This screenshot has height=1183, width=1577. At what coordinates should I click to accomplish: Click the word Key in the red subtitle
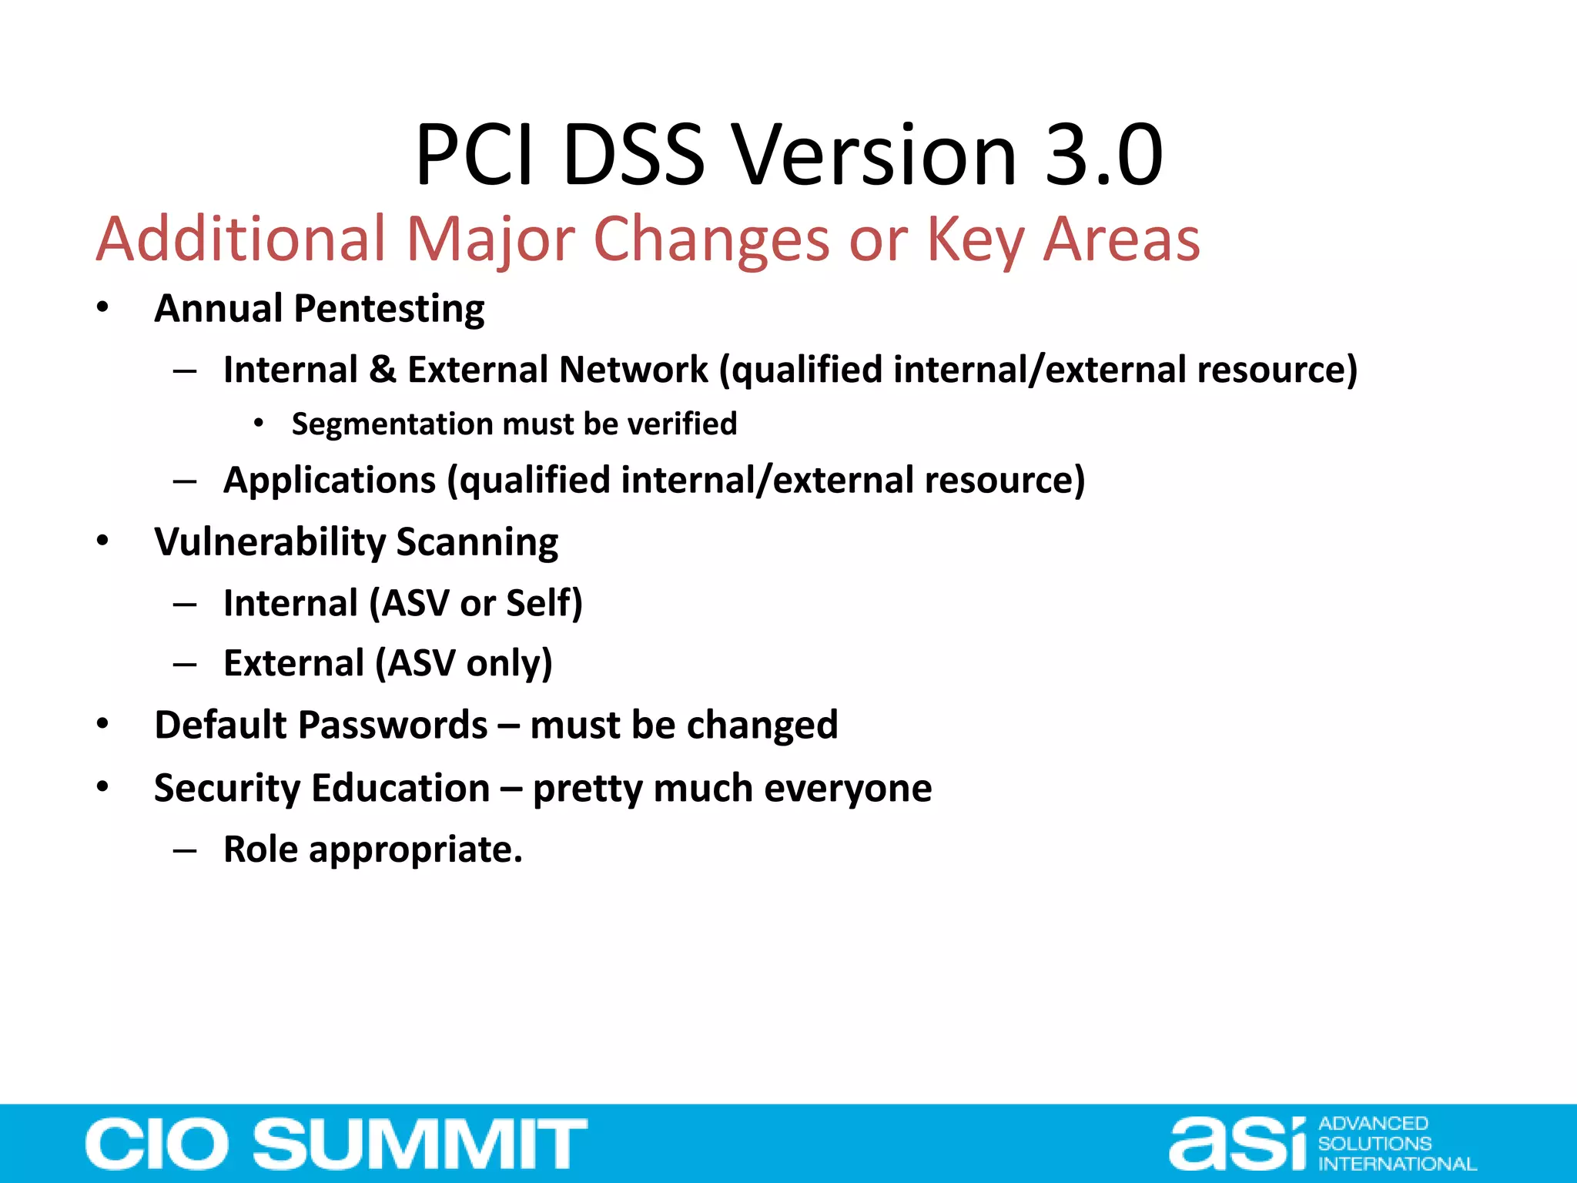tap(974, 240)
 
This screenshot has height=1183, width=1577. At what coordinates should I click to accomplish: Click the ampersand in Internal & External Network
tap(383, 369)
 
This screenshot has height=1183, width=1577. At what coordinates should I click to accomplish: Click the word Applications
tap(330, 480)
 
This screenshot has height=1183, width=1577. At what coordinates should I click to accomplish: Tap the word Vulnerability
tap(269, 542)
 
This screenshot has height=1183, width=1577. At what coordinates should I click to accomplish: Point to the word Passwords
tap(393, 725)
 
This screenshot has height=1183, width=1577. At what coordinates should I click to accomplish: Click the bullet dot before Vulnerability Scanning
tap(102, 541)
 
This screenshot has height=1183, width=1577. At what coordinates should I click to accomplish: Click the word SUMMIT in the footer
tap(420, 1144)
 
